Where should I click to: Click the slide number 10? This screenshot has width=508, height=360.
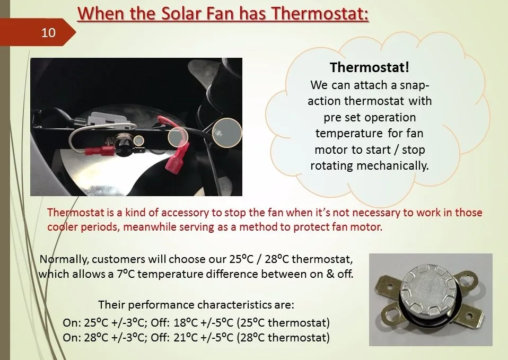[48, 33]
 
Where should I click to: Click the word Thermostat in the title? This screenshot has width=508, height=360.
[320, 13]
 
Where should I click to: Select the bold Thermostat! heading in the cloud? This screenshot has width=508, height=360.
[370, 67]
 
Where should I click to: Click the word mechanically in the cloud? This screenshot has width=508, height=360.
[392, 165]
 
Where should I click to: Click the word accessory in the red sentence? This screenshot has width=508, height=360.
[181, 213]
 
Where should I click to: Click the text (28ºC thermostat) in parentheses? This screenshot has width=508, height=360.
[283, 337]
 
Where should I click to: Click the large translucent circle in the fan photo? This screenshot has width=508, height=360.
[227, 132]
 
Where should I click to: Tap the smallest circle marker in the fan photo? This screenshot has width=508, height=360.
[138, 141]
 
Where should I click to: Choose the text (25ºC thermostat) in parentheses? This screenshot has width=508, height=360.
[283, 323]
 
